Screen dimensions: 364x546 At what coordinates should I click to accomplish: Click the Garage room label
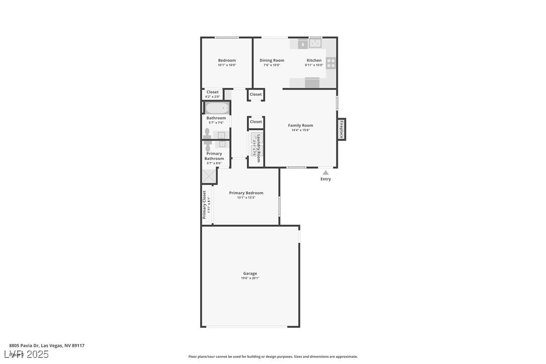(250, 274)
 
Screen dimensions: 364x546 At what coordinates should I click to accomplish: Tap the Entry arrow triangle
(325, 172)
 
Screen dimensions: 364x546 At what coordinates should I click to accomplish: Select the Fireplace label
(341, 129)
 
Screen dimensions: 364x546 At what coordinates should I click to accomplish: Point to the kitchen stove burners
(331, 63)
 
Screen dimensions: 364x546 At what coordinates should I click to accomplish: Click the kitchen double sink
(315, 44)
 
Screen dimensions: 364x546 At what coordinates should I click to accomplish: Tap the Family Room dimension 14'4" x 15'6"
(300, 130)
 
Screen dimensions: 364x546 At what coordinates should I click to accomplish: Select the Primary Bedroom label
(246, 193)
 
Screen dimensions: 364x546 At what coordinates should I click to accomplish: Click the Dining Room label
(271, 60)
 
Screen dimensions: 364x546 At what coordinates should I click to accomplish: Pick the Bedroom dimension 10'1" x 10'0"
(227, 65)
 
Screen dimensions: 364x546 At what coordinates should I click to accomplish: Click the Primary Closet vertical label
(205, 205)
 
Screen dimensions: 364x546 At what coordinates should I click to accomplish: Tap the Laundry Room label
(258, 148)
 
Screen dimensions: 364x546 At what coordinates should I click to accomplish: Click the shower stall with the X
(209, 176)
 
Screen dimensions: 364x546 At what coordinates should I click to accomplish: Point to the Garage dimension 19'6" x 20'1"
(250, 278)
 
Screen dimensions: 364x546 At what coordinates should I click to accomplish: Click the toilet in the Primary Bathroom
(208, 146)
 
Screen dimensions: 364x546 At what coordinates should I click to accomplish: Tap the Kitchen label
(314, 60)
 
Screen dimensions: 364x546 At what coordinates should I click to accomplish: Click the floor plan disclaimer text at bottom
(273, 356)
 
